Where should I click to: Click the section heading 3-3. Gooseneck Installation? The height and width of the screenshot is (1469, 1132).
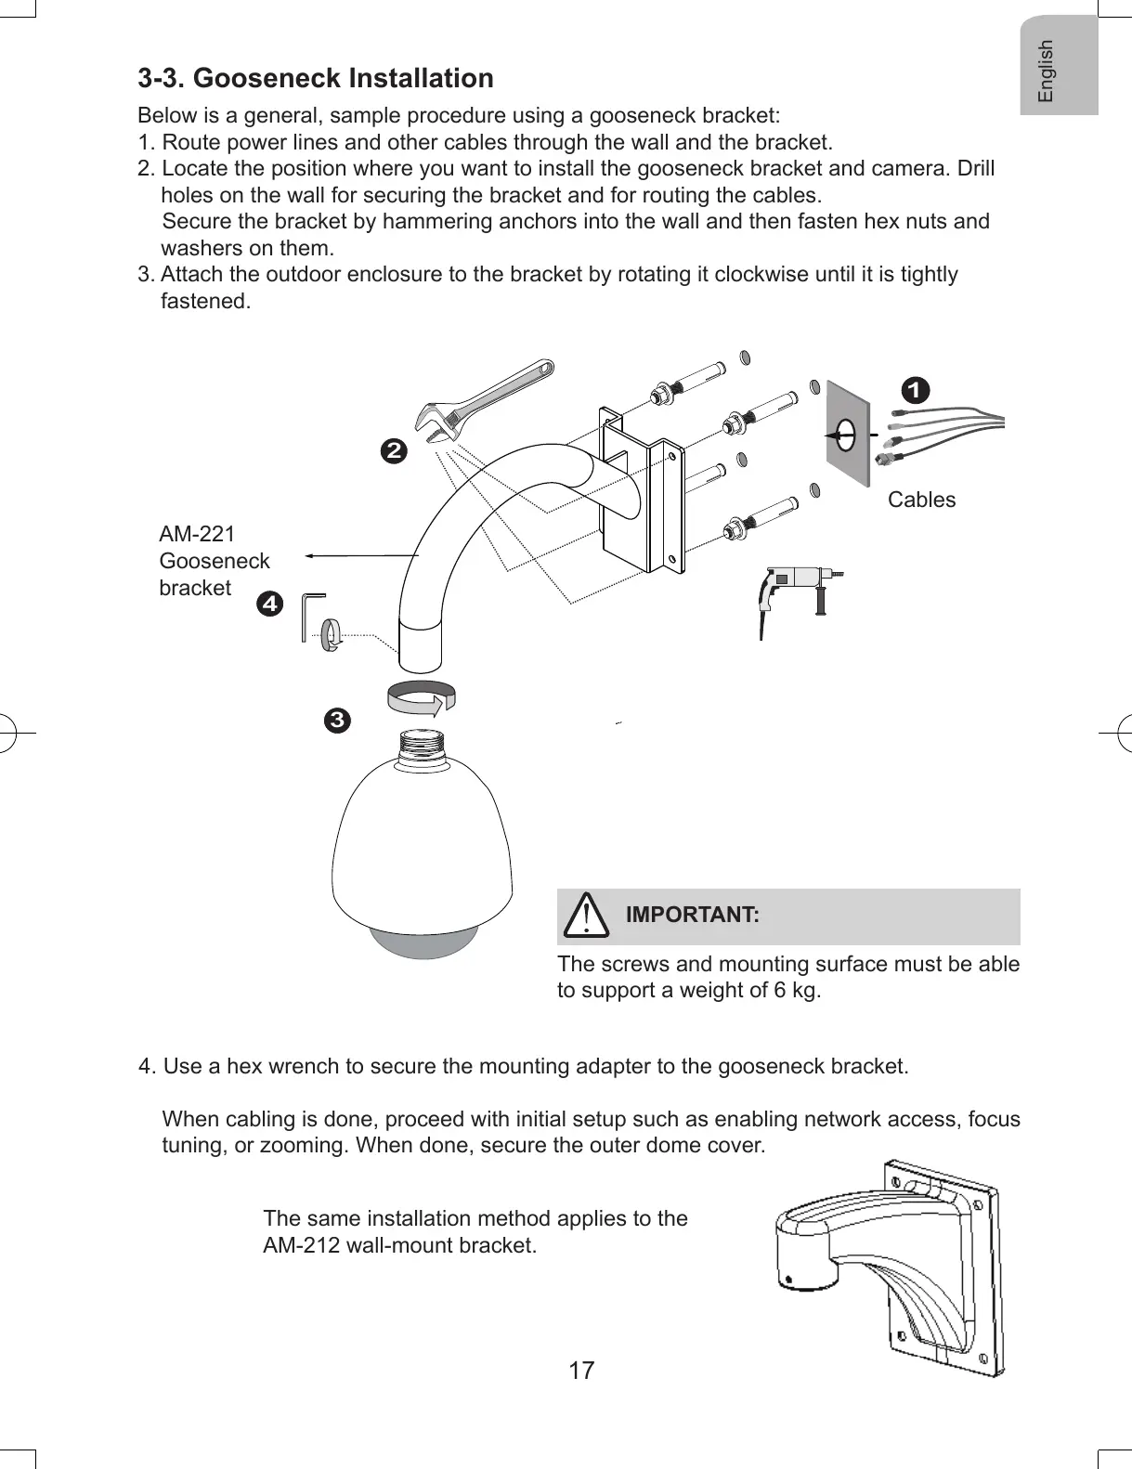tap(316, 78)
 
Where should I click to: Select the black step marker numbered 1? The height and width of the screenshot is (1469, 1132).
tap(916, 390)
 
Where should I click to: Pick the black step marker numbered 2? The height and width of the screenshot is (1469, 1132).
tap(395, 452)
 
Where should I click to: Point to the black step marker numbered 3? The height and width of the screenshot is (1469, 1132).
tap(337, 720)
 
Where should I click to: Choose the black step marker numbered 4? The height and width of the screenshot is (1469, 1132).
tap(269, 604)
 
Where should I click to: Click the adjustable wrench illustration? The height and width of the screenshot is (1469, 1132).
tap(483, 401)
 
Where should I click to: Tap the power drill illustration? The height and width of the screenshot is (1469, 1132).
tap(794, 590)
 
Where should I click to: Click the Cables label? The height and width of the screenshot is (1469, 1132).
tap(921, 500)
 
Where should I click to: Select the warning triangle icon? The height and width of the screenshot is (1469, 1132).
tap(587, 915)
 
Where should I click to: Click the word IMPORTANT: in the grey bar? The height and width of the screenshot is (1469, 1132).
tap(692, 915)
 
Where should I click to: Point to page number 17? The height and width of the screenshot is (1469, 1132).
tap(581, 1371)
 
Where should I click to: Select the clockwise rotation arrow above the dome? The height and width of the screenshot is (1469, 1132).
tap(423, 698)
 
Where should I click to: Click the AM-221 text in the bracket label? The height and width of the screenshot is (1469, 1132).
tap(197, 534)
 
